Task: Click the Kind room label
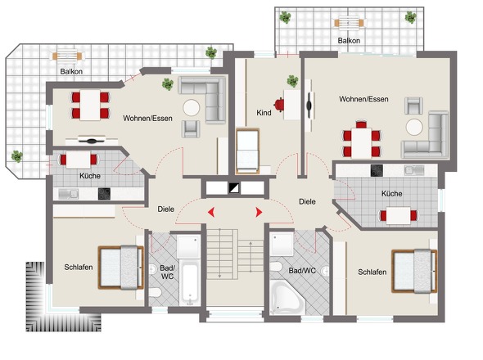coord(264,113)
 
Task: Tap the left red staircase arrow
coord(211,212)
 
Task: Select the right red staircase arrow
coord(259,212)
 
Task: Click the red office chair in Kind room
coord(279,105)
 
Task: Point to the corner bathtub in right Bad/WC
coord(287,297)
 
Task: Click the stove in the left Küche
coord(104,194)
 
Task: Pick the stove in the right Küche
coord(377,170)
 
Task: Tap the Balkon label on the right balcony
coord(349,41)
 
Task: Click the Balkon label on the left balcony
coord(71,71)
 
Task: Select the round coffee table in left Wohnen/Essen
coord(192,107)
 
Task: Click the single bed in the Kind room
coord(247,151)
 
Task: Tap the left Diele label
coord(165,209)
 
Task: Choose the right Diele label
coord(307,202)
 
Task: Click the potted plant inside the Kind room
coord(292,81)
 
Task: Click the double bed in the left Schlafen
coord(121,268)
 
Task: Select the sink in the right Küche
coord(414,170)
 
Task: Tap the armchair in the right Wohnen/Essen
coord(413,106)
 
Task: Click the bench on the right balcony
coord(349,23)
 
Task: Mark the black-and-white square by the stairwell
coord(234,188)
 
